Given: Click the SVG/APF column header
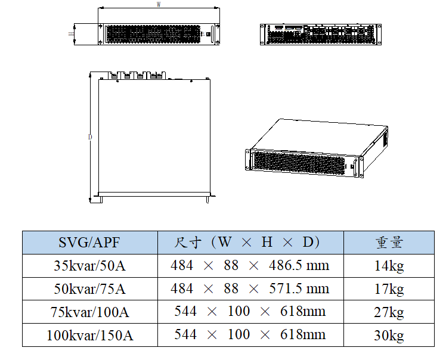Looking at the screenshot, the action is click(x=89, y=243).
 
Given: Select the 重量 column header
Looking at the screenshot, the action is click(x=389, y=243).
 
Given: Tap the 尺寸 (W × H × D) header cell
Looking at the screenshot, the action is click(x=247, y=242).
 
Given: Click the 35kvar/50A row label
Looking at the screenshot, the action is click(x=89, y=266).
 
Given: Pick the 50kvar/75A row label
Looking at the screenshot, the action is click(x=89, y=289).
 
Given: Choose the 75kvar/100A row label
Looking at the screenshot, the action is click(x=89, y=312).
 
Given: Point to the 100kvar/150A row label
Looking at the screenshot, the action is click(x=89, y=335).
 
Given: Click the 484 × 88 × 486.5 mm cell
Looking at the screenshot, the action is click(x=250, y=266).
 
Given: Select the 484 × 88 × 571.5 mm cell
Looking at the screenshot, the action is click(x=250, y=288).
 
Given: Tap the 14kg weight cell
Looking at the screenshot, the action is click(x=389, y=266).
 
